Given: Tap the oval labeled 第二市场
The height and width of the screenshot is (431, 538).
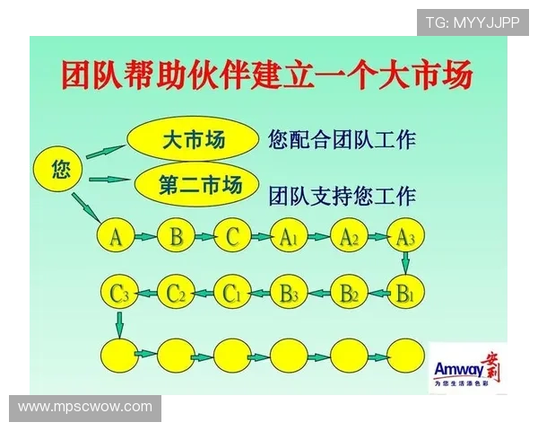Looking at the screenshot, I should point(200,185).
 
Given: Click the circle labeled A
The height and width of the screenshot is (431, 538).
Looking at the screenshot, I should point(117,237).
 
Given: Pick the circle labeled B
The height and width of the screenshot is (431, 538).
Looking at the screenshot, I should point(176,237).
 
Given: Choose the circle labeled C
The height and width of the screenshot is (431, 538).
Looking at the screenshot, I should point(233,237).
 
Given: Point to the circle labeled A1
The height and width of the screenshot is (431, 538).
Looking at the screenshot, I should point(289,237).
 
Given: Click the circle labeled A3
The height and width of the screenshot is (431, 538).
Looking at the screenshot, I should point(405,237).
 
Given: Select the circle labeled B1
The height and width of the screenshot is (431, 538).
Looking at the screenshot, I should point(405,293).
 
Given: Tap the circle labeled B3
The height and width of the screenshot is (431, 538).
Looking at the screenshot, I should point(289,293).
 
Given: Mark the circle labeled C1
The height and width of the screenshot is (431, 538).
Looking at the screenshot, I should point(233,293).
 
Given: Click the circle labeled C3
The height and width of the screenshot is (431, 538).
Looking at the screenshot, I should point(119,293).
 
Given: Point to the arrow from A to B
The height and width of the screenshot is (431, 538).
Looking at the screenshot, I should point(146,238).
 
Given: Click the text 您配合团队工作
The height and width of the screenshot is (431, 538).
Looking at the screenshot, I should point(342,139).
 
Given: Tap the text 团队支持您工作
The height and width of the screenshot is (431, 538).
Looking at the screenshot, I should point(342,194).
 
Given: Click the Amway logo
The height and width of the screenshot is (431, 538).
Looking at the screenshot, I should point(468,369).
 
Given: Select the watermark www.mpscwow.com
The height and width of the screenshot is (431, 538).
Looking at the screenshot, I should point(86,407).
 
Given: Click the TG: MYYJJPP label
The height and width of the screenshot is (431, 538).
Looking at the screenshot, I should point(473,22).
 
